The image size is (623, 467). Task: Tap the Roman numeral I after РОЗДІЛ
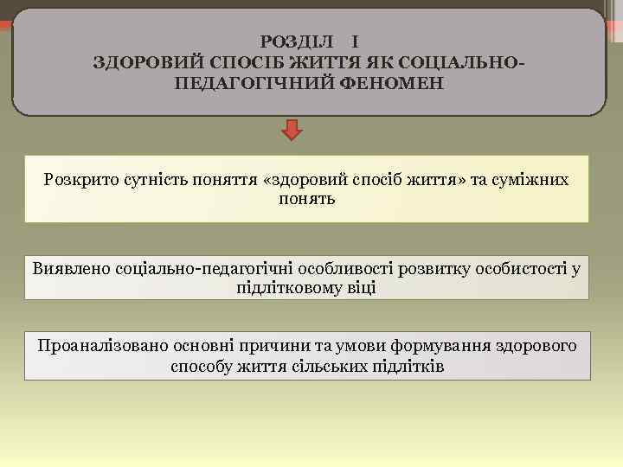(x=356, y=41)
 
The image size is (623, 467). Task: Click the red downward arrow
(x=293, y=131)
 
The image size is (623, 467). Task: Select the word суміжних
(x=535, y=180)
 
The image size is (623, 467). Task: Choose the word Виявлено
(x=68, y=267)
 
